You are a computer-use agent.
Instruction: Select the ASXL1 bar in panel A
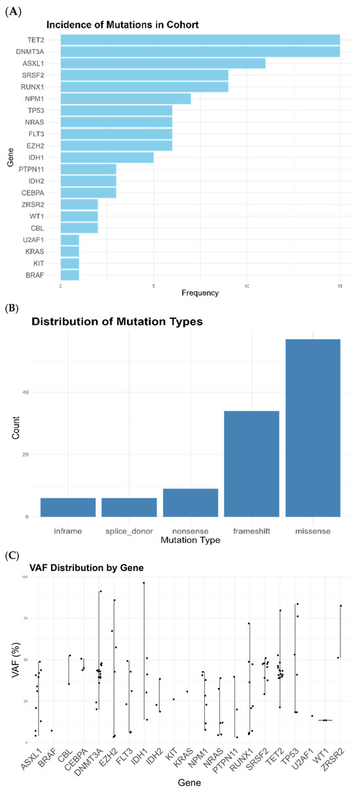coord(163,64)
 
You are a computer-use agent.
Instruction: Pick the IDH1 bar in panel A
coord(107,157)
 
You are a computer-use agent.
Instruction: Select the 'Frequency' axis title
coord(200,293)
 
